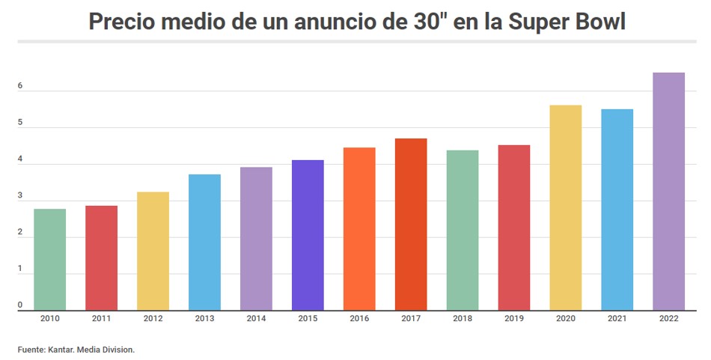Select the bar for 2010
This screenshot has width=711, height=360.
pos(49,259)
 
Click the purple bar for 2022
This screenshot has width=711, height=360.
pos(668,191)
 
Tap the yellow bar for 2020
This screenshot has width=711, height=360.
pos(565,207)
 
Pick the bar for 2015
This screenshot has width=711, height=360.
pos(308,235)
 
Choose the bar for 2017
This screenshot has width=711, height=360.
pos(411,224)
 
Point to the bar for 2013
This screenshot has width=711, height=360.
pos(204,242)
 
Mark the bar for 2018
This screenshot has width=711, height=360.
pos(463,230)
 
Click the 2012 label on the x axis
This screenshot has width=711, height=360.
pos(153,319)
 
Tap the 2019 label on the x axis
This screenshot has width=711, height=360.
pos(514,319)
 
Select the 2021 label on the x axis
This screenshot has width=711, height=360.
pos(617,319)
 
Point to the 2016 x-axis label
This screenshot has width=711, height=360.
pos(359,319)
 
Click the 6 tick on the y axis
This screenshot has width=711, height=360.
pos(20,86)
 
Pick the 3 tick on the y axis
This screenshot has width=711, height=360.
pos(20,196)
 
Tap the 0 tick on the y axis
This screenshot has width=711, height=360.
pos(20,305)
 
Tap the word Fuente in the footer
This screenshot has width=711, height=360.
pos(31,349)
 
